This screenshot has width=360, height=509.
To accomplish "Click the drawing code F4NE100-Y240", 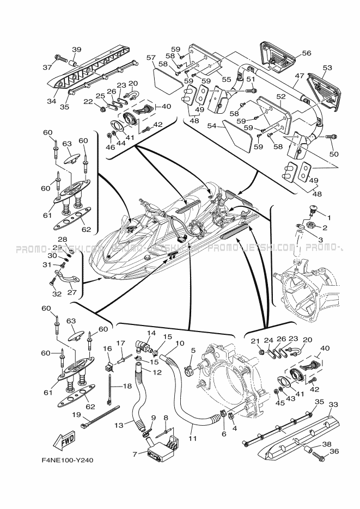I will tap(67, 461).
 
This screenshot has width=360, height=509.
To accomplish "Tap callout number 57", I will tap(151, 57).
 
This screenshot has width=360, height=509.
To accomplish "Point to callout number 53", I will tap(327, 68).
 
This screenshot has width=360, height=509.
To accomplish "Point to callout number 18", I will tap(127, 385).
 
